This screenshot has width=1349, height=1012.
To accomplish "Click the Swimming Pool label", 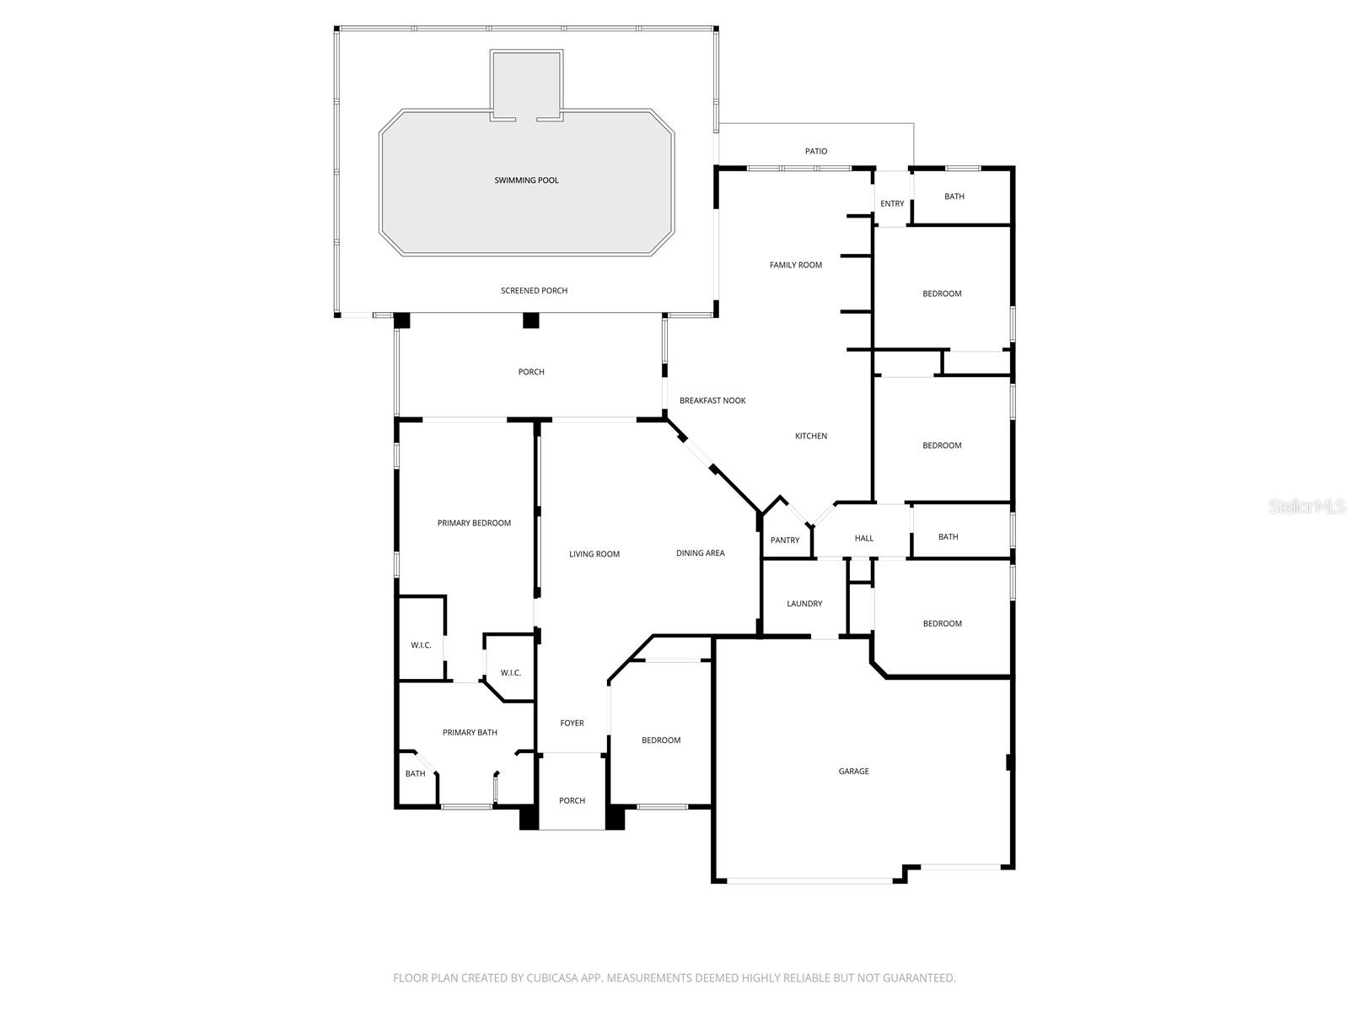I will (x=526, y=180).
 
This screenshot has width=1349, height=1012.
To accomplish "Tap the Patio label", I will (x=815, y=152).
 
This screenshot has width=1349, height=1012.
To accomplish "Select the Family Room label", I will (x=795, y=265).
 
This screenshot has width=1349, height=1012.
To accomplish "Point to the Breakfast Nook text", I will (x=712, y=401).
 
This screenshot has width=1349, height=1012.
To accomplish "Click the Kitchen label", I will (x=810, y=436).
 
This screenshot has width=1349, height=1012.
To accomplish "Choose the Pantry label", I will (x=784, y=541).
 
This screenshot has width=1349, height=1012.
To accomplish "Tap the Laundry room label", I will (x=804, y=604).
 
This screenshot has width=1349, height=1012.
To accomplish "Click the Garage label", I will (x=853, y=772).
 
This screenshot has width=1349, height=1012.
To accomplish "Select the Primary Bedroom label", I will (x=474, y=524).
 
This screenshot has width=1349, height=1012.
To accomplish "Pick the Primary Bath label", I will (x=470, y=733).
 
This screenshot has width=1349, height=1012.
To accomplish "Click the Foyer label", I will (x=572, y=724).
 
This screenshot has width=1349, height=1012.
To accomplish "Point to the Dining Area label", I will (x=700, y=553).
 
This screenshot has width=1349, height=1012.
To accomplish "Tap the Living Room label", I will (x=594, y=554).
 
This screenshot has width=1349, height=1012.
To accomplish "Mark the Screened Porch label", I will (x=534, y=291).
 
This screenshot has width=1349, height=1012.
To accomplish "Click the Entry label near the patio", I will (x=892, y=204).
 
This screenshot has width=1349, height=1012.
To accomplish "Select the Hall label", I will (x=864, y=538).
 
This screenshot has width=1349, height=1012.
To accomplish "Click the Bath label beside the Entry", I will (x=954, y=196).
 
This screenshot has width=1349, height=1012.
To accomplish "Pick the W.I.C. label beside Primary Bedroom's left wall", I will (x=421, y=645).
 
